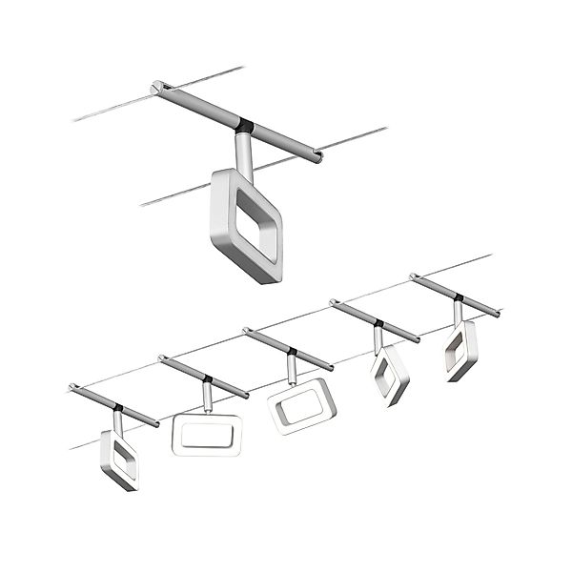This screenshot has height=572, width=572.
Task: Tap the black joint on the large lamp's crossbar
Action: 245,124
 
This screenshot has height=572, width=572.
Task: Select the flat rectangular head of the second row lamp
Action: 207,435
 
